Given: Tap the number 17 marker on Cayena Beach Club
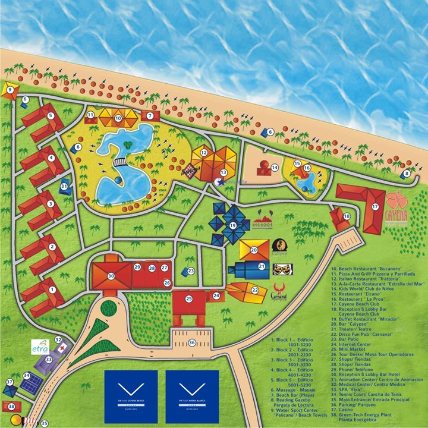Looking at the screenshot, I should pos(375,206).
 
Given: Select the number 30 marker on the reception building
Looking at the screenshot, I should pos(111,276).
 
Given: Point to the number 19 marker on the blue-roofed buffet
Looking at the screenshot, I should pos(232,226).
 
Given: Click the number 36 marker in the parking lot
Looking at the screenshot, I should pos(192,342).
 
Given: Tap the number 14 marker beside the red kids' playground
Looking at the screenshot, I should pos(275,168).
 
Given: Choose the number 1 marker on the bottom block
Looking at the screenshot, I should pos(52,289).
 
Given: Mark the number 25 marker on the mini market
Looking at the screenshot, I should pos(188,298).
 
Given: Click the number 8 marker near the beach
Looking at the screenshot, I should pos(407,174).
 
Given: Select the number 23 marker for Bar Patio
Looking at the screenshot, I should pos(191,271).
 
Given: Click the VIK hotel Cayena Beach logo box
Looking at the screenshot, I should pos(131,389).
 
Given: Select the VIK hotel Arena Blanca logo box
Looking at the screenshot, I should pos(192,389).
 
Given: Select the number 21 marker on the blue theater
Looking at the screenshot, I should pos(261,267).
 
